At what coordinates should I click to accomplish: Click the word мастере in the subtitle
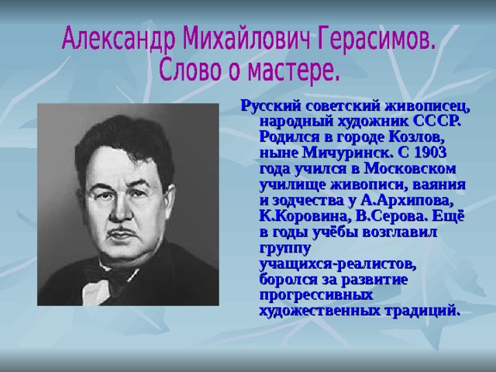tap(294, 70)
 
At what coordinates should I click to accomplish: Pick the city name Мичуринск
tap(346, 153)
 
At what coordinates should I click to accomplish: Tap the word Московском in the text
tap(410, 169)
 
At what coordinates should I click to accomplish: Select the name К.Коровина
tap(305, 216)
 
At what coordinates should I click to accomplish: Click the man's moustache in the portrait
tap(122, 232)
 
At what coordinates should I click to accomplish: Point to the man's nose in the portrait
tap(121, 212)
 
